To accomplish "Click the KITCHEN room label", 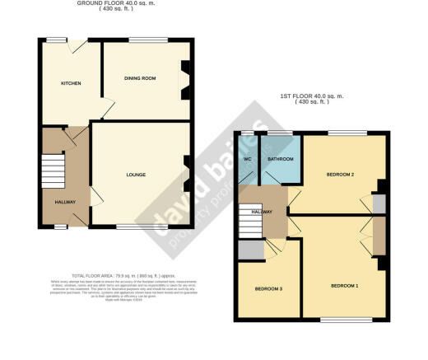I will (x=70, y=83).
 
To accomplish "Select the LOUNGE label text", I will (x=137, y=175).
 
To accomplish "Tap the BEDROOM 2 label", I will (x=340, y=175).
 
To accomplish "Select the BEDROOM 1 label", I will (x=344, y=285).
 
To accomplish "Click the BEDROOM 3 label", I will (x=267, y=289).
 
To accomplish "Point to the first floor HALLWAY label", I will (x=261, y=213).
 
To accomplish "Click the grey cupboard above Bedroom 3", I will (x=249, y=250).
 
